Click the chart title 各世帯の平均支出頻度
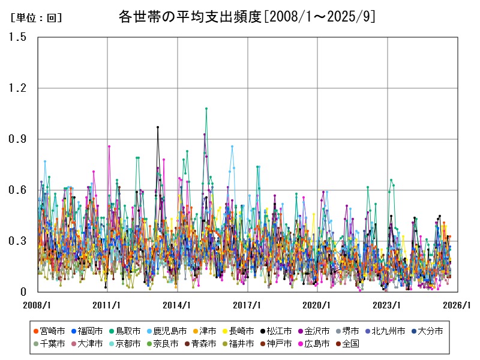coord(247,17)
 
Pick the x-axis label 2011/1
coord(107,305)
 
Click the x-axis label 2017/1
coord(248,305)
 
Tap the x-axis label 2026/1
coord(458,305)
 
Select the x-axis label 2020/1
coord(318,305)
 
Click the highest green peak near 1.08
coord(206,109)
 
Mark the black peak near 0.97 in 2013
coord(158,127)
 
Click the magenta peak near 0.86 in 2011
coord(109,146)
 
